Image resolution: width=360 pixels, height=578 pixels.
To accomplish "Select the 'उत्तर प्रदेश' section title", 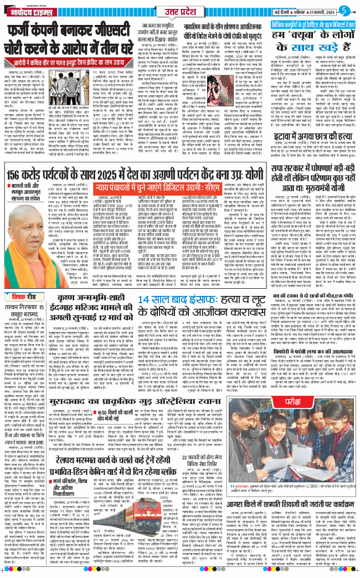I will [x=179, y=11].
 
